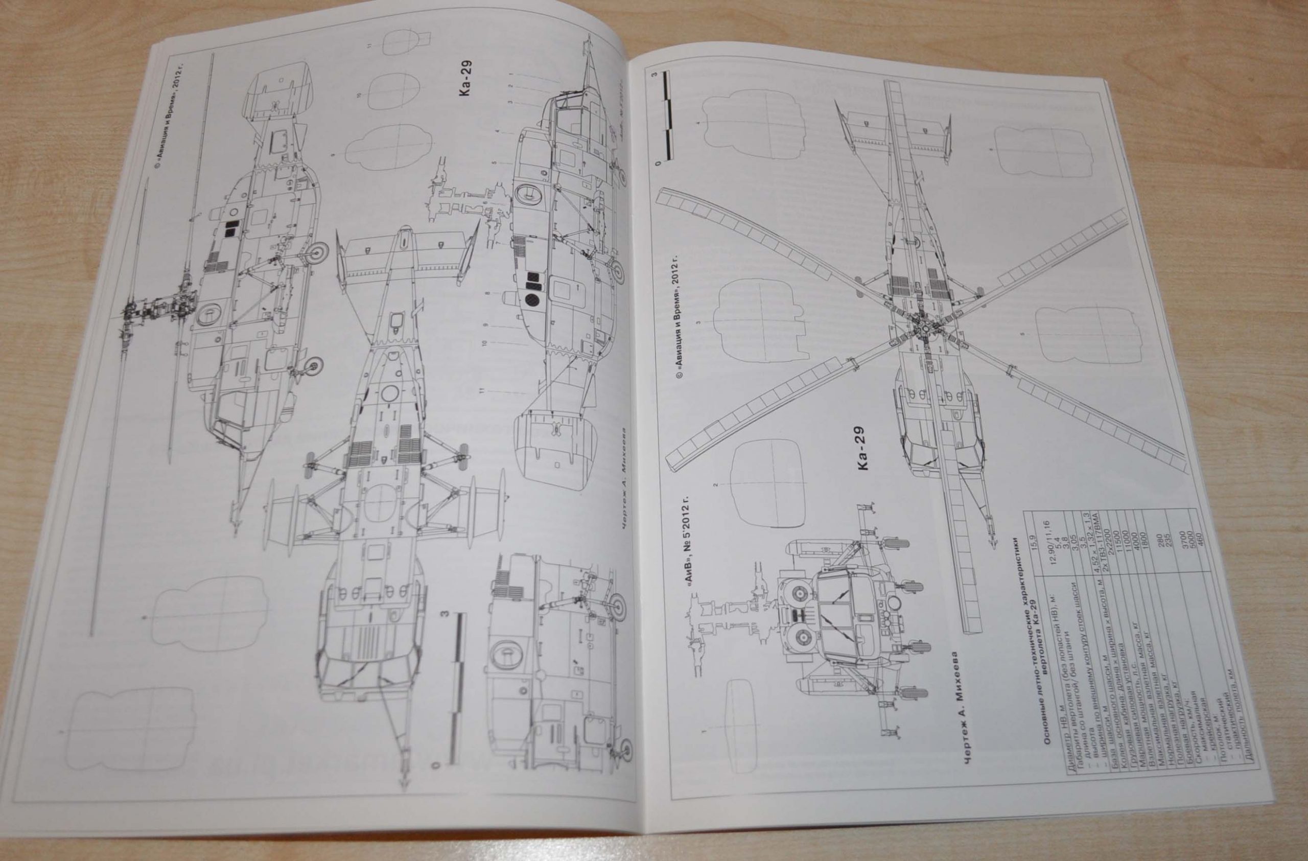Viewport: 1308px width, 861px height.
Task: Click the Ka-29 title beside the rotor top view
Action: [x=860, y=448]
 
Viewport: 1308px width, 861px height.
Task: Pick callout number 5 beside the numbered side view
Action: [x=495, y=163]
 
